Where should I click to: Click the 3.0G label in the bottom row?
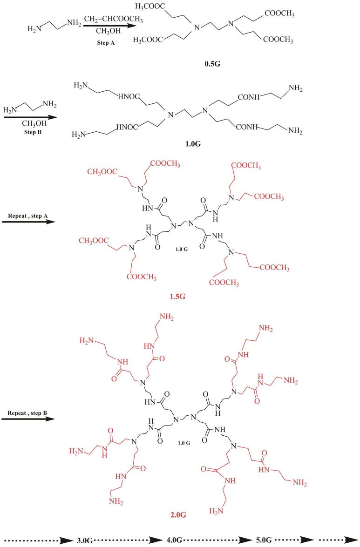86,540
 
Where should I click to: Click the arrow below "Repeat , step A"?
28,222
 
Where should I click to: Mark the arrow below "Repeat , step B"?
28,419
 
